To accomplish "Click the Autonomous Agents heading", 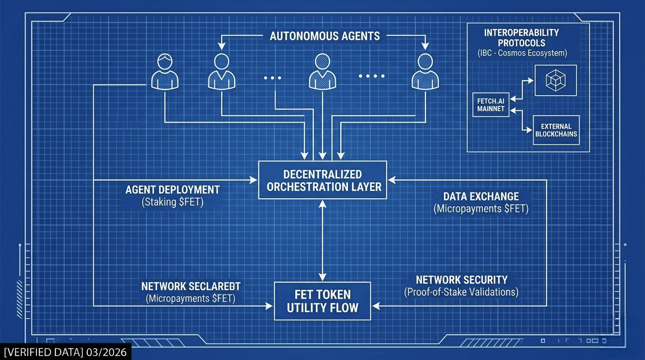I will coord(324,36).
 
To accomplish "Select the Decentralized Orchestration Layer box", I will coord(322,180).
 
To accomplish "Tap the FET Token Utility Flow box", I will coord(322,301).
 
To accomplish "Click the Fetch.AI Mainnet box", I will coord(491,105).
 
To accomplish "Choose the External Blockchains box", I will coord(556,130).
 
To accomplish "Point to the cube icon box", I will coord(555,80).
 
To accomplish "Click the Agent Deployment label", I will coord(172,190).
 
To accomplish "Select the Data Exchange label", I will coord(481,196).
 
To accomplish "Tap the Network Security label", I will coord(462,280).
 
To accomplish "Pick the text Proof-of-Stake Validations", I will coord(462,292).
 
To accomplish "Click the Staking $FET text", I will coord(172,202).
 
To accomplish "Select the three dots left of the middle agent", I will coord(272,78).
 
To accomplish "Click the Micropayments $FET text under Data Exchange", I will coord(481,209).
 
